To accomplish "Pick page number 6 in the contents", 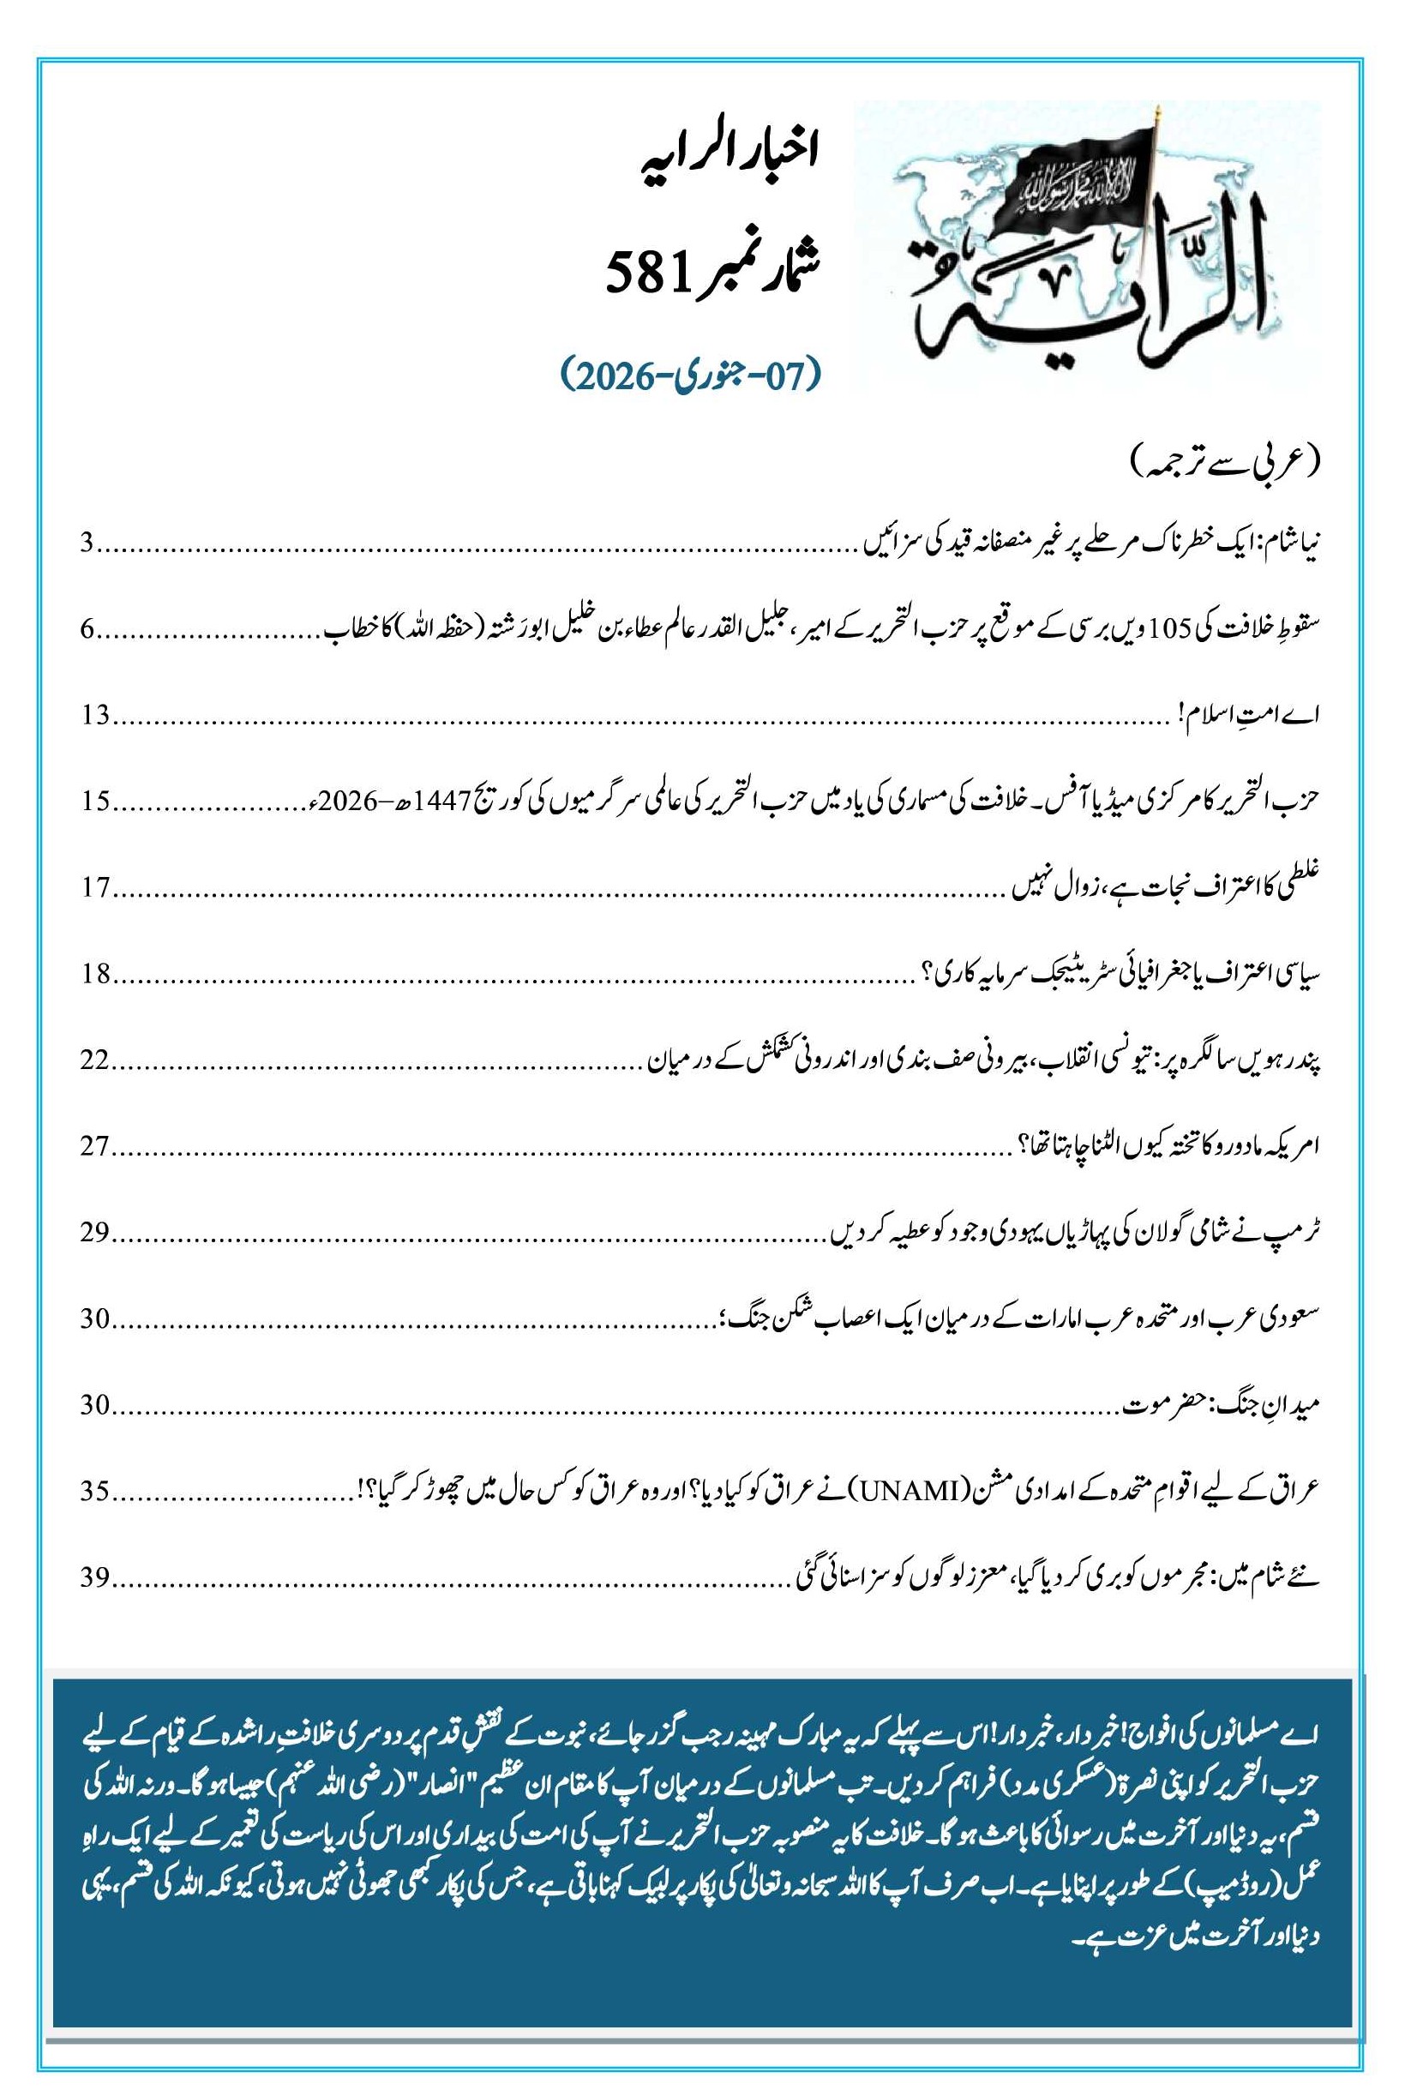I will click(87, 630).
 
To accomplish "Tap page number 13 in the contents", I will click(95, 715).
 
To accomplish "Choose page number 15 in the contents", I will click(95, 801).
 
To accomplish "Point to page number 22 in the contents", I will click(95, 1059).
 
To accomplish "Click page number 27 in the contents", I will click(95, 1145).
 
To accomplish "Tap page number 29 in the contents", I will click(95, 1232).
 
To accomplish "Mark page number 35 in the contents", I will click(95, 1491).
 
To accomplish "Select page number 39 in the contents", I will click(95, 1577).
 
